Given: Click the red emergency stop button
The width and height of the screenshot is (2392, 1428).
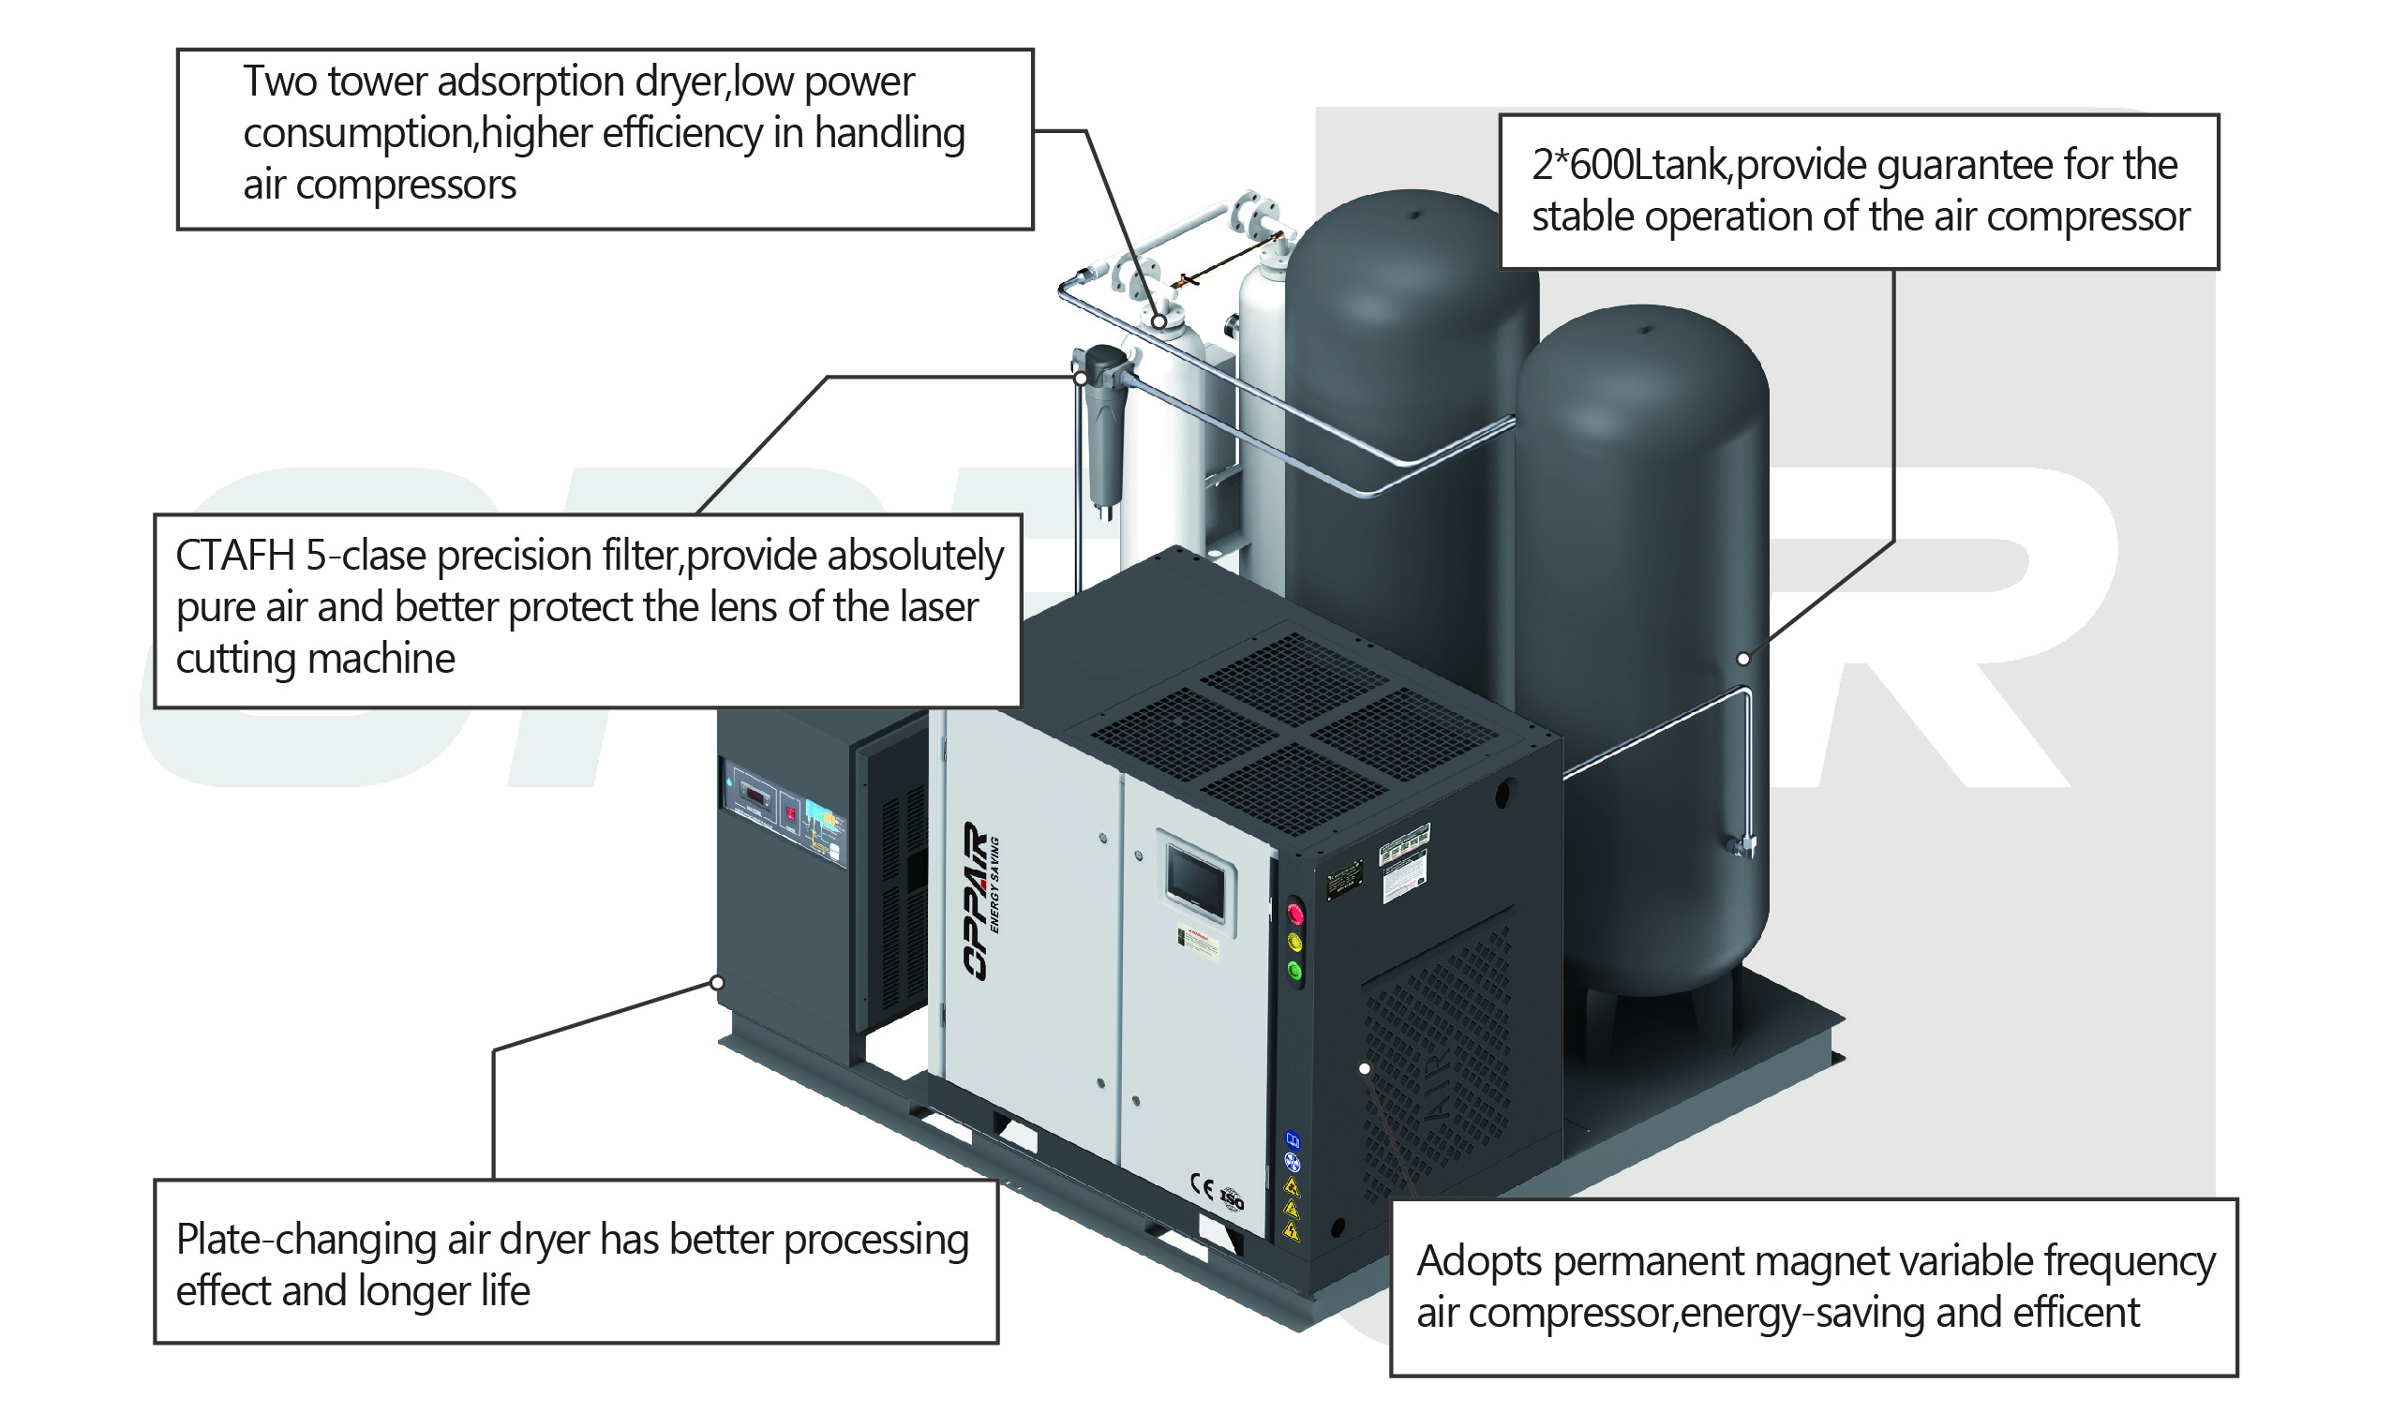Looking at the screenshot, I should pyautogui.click(x=1295, y=912).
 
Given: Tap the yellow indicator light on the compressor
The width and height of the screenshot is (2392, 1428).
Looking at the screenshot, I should pyautogui.click(x=1295, y=941).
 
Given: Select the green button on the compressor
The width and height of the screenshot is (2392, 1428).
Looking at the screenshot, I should pyautogui.click(x=1295, y=971).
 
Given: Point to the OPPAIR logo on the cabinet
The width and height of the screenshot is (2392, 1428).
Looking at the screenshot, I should pyautogui.click(x=976, y=900).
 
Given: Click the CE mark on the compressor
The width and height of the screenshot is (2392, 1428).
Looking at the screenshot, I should pyautogui.click(x=1202, y=1186).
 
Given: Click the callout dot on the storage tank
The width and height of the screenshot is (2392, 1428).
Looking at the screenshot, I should pyautogui.click(x=1743, y=659).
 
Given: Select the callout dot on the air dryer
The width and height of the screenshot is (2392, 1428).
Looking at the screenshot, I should pyautogui.click(x=717, y=983).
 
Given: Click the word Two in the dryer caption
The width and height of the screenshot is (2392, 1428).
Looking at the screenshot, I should pyautogui.click(x=279, y=82).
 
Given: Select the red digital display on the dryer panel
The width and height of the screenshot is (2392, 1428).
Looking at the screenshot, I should pyautogui.click(x=757, y=796).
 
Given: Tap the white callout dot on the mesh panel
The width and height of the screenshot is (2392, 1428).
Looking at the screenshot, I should pyautogui.click(x=1365, y=1068).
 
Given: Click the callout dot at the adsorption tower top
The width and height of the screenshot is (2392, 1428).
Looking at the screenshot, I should pyautogui.click(x=1159, y=321).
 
